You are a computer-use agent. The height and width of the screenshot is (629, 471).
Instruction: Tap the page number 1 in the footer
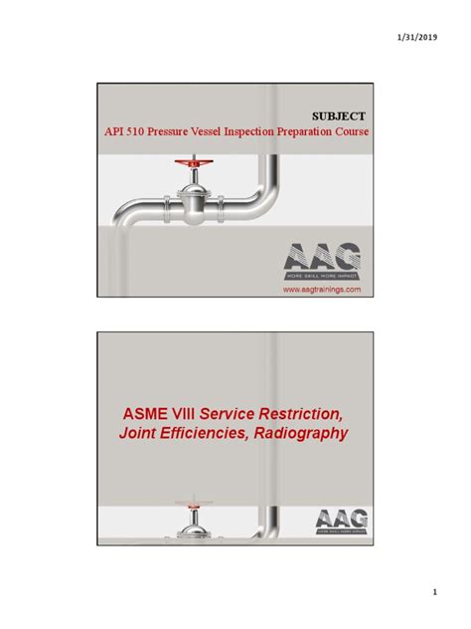(x=435, y=593)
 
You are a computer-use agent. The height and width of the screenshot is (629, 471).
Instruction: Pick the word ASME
(x=147, y=413)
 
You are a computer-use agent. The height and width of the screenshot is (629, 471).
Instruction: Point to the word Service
(x=231, y=413)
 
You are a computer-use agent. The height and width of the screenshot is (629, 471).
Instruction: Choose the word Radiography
(x=302, y=434)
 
